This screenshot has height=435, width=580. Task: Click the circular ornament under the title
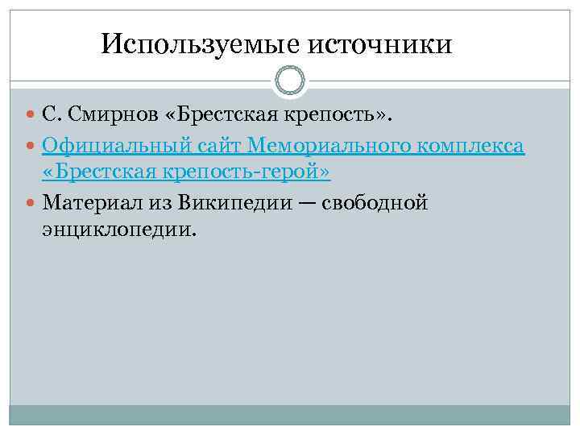(290, 81)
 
